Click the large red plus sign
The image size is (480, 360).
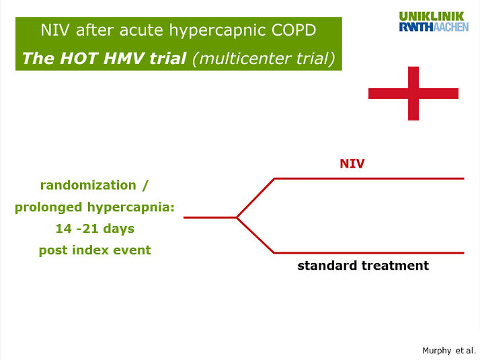tap(413, 94)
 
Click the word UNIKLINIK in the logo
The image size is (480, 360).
tap(432, 17)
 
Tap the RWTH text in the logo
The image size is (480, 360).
tap(416, 27)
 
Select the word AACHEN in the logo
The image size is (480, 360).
tap(451, 27)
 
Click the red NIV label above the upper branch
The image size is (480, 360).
tap(352, 164)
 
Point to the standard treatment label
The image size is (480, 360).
tap(363, 265)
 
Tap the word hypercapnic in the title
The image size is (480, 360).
tap(218, 31)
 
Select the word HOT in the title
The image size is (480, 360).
tap(79, 59)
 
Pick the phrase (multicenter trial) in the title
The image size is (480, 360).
tap(264, 59)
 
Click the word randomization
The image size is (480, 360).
tap(88, 185)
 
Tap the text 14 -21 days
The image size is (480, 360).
tap(95, 229)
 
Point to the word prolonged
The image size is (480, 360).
tap(48, 208)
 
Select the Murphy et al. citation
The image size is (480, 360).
tap(449, 351)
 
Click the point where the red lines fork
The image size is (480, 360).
tap(237, 217)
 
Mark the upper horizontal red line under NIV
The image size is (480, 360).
tap(369, 178)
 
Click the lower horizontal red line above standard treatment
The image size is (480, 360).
tap(369, 253)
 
